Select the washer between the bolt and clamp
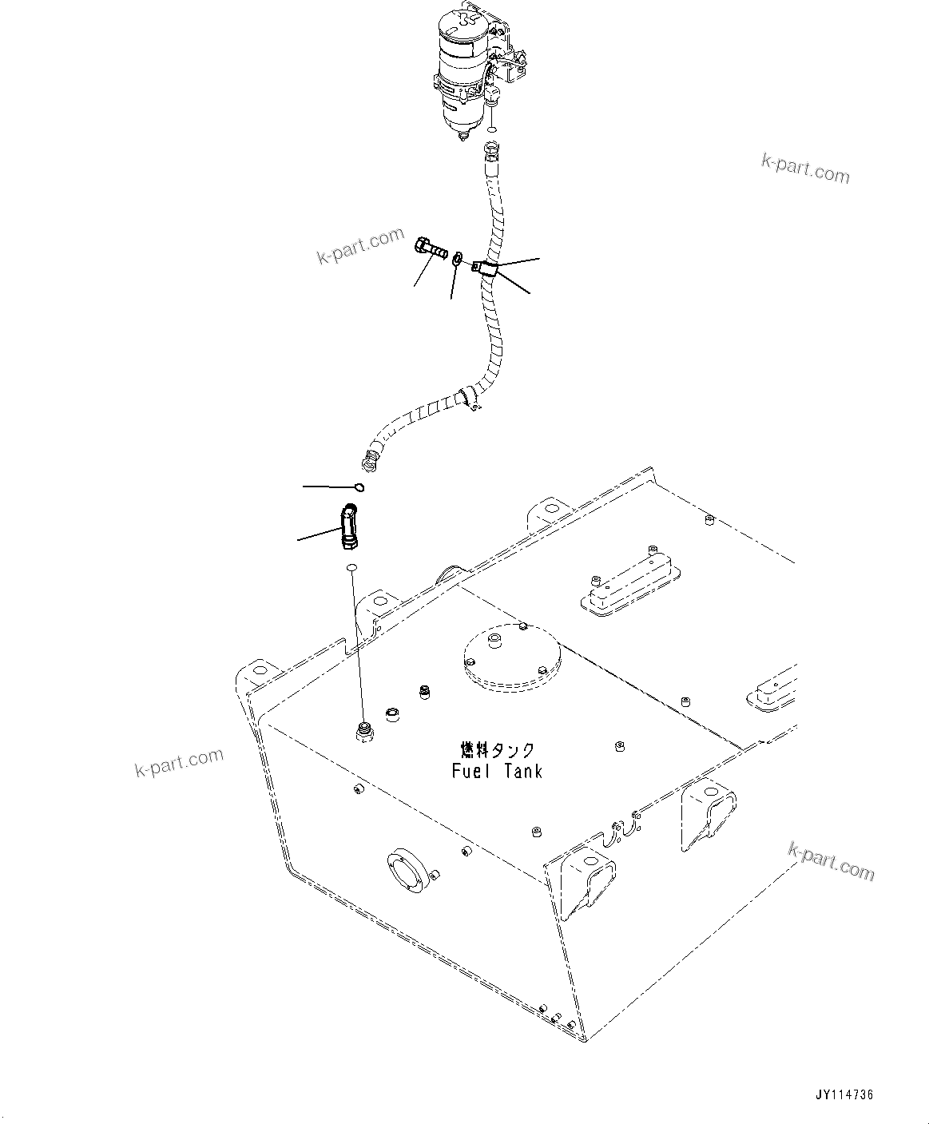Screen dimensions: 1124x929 tap(456, 258)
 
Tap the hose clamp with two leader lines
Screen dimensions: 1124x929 tap(485, 269)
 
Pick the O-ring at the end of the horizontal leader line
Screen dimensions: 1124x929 tap(359, 487)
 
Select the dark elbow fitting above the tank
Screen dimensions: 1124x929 tap(349, 526)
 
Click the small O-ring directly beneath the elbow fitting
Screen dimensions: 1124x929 tap(349, 568)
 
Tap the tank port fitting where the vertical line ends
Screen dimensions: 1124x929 tap(363, 731)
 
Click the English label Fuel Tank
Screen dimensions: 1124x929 tap(497, 771)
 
